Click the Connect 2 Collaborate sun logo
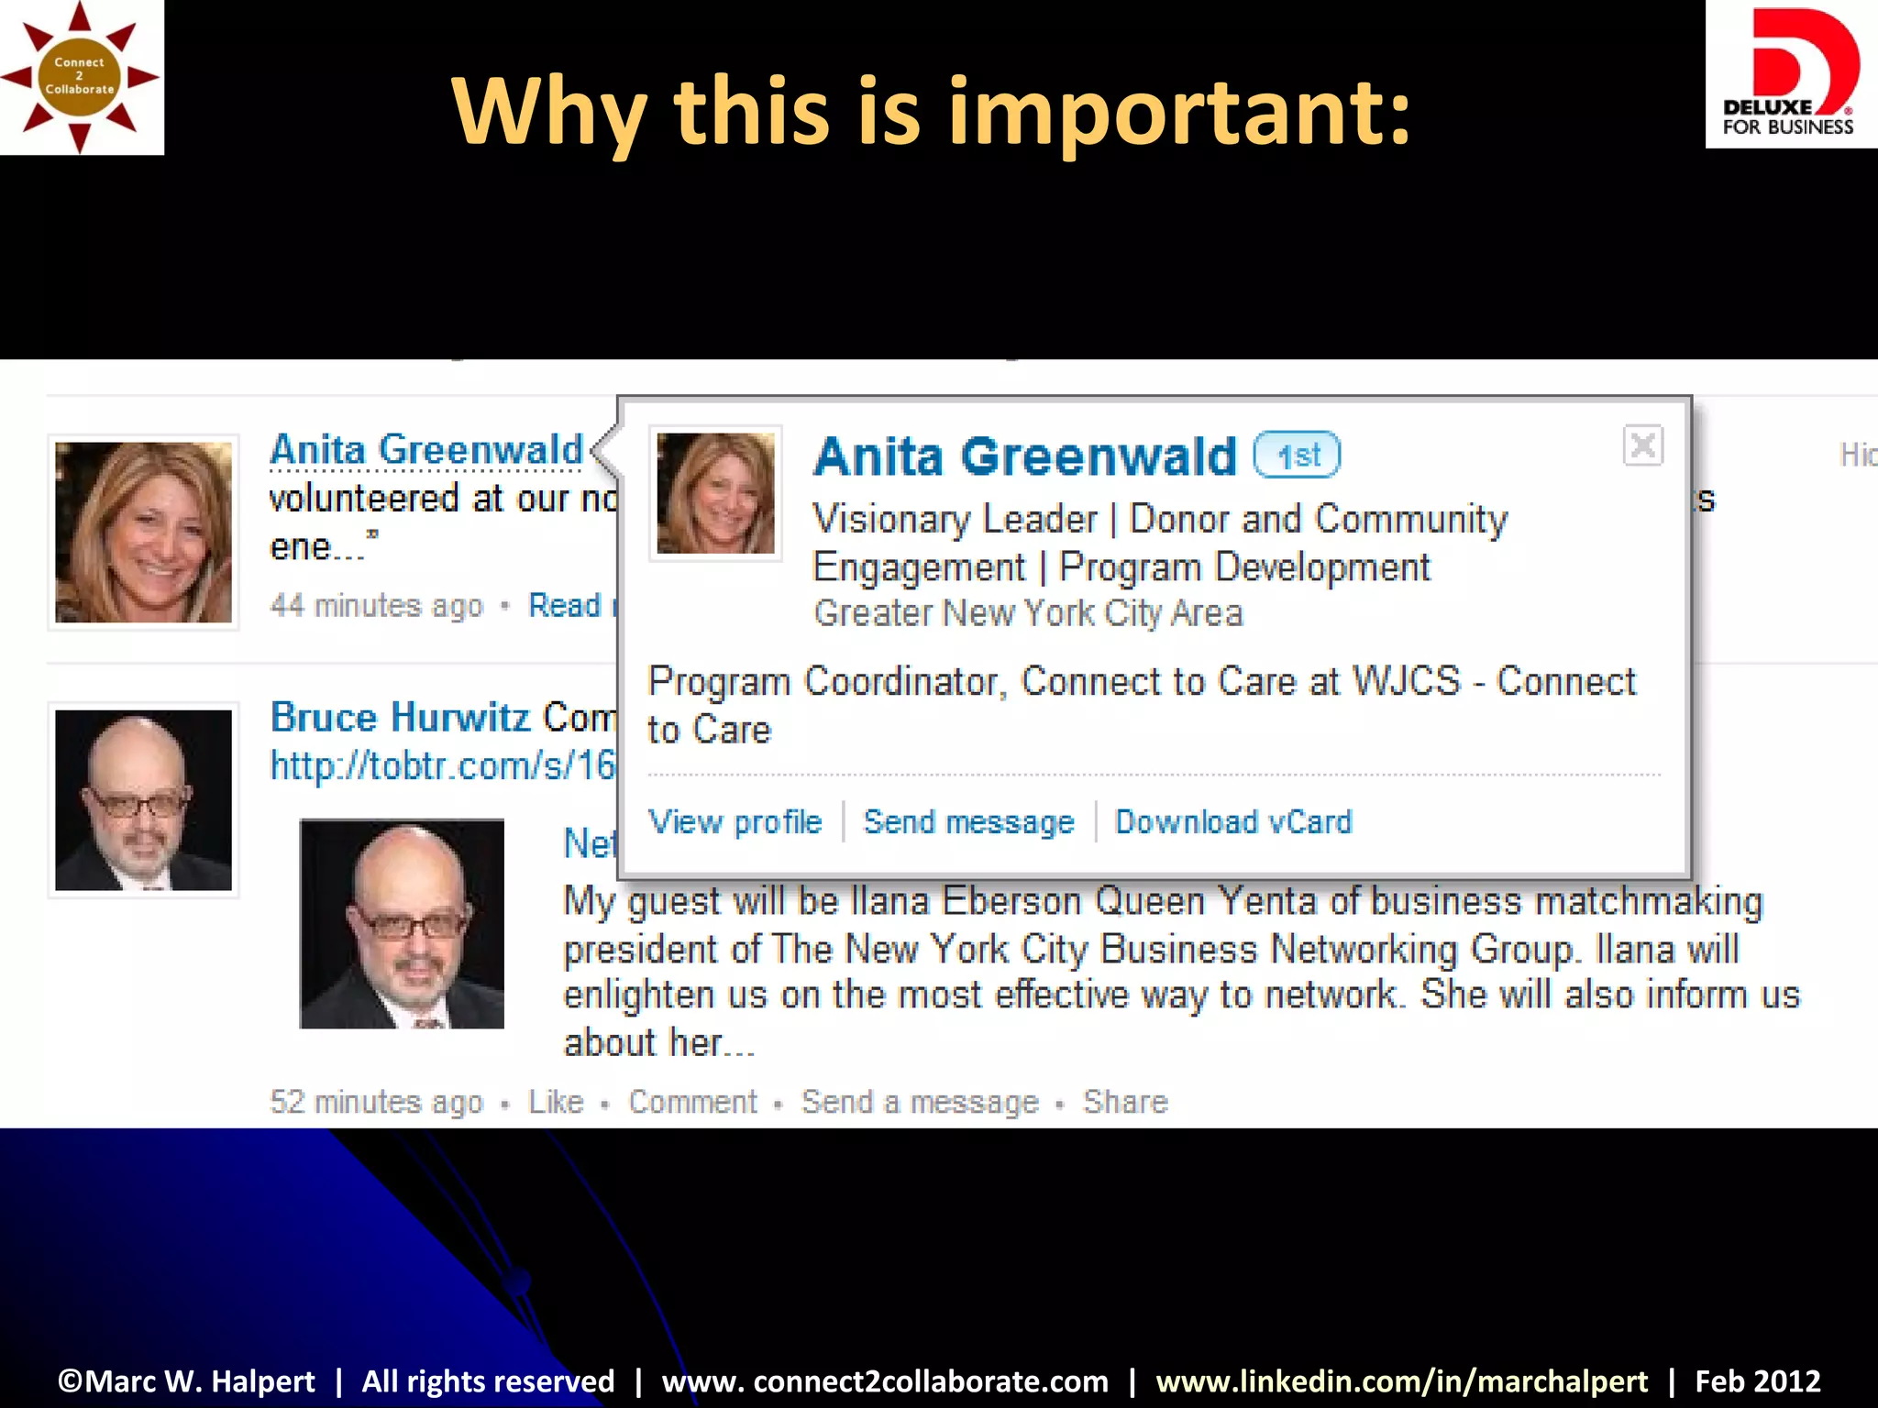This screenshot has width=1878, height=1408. (81, 77)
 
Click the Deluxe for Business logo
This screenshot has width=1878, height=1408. (1789, 74)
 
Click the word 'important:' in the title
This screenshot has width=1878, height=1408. (1179, 112)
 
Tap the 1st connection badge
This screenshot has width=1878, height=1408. (1297, 455)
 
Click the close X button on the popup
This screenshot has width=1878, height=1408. (1642, 446)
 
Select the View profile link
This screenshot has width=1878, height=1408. (735, 822)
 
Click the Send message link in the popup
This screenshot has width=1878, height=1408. (968, 822)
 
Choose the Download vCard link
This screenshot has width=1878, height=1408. (1233, 822)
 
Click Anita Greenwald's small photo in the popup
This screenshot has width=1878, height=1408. (715, 493)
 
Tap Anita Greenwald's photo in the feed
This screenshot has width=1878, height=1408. (143, 532)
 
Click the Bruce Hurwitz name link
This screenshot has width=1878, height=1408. (400, 717)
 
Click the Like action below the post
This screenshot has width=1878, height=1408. (556, 1101)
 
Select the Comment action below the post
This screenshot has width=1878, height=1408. (692, 1101)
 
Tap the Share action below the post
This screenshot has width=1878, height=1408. (1125, 1101)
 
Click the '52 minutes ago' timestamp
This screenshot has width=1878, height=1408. (376, 1101)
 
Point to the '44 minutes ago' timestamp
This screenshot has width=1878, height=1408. (376, 606)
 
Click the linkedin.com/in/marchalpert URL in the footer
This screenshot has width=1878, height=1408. (1401, 1380)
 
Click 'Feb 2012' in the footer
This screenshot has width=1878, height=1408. (1757, 1380)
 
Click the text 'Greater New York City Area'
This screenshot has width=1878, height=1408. (1028, 613)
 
